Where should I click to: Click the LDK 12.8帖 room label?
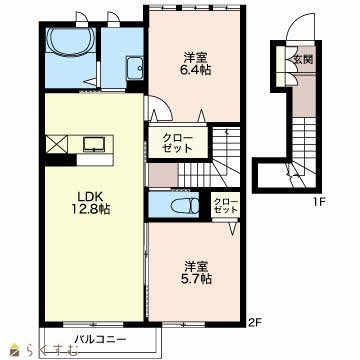coord(90,203)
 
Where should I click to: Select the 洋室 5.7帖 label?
coord(198,272)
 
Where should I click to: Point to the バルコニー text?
coord(100,340)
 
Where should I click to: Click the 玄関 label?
coord(303,59)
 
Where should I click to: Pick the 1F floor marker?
coord(318,202)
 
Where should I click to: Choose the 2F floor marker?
coord(256,322)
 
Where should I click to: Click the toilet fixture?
coord(184,205)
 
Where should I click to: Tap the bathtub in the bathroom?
coord(71,41)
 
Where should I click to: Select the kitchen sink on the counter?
coord(95,144)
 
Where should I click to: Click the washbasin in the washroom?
coord(135,68)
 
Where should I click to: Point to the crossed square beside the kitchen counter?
coord(57,144)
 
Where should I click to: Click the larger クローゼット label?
coord(178,143)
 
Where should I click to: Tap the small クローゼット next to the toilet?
coord(226,206)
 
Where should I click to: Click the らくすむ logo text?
coord(51,350)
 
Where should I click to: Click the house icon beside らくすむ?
coord(15,350)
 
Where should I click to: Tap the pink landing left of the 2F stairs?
coord(163,175)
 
